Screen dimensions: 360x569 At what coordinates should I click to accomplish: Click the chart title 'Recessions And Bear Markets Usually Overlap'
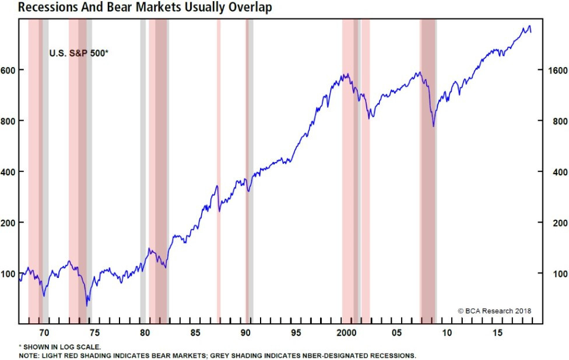(x=136, y=8)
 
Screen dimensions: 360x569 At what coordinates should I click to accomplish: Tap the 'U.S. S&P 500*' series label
(x=79, y=54)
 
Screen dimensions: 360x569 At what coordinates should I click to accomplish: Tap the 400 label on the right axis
(x=553, y=172)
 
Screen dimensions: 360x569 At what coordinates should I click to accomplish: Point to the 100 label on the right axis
(x=553, y=273)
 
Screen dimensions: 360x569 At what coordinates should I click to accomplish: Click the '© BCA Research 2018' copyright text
(x=494, y=311)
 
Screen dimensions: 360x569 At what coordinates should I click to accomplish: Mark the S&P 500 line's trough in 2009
(x=433, y=126)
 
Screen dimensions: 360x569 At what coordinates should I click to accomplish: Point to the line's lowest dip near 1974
(x=87, y=305)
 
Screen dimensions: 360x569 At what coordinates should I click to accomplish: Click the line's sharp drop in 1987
(x=219, y=201)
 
